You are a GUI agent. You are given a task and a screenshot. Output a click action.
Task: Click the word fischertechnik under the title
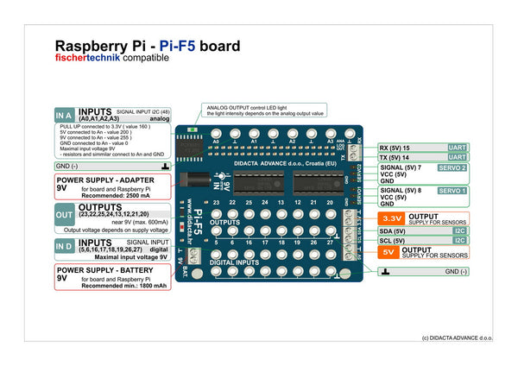pyautogui.click(x=87, y=58)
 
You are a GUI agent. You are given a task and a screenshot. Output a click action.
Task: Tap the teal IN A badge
pyautogui.click(x=64, y=115)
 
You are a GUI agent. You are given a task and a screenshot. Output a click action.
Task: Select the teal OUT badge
pyautogui.click(x=65, y=215)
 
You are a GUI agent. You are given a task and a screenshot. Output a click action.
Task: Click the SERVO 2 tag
pyautogui.click(x=452, y=168)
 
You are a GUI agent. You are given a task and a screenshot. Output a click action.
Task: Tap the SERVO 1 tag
pyautogui.click(x=452, y=190)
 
